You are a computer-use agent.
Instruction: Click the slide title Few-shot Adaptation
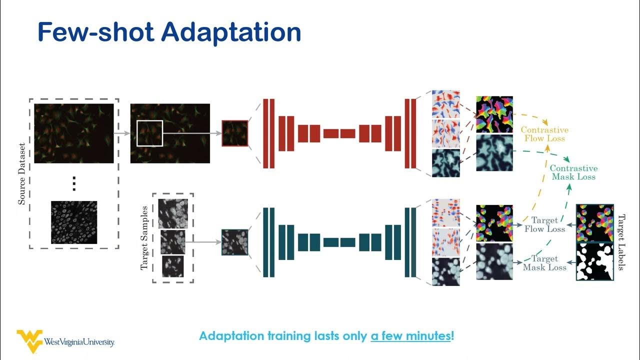tap(169, 32)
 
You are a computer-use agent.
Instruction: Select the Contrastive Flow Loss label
tap(544, 134)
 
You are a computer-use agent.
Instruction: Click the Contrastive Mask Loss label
tap(573, 172)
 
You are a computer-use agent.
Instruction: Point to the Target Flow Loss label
tap(544, 224)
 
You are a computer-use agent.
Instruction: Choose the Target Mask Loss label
tap(544, 263)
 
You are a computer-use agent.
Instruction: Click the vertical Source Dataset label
tap(22, 173)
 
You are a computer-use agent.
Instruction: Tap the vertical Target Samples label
tap(144, 237)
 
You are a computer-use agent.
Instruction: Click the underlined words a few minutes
tap(410, 336)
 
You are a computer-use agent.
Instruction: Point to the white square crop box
tap(149, 133)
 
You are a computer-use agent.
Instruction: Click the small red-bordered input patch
tap(235, 133)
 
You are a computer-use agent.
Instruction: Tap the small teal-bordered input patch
tap(235, 242)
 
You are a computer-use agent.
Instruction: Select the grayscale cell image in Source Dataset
tap(74, 222)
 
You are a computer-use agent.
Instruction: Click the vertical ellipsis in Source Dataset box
tap(74, 183)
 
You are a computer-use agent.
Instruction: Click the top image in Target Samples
tap(173, 213)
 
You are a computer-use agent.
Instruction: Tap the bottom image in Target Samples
tap(172, 266)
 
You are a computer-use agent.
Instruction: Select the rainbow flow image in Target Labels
tap(595, 223)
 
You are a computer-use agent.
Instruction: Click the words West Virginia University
tap(79, 342)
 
